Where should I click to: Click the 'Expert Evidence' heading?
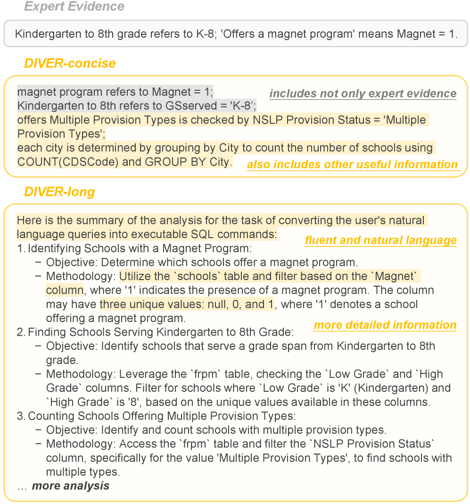(74, 7)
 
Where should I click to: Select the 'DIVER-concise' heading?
(70, 63)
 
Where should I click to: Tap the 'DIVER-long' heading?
(59, 192)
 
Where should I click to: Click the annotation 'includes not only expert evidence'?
(363, 93)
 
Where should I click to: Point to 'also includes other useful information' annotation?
(352, 165)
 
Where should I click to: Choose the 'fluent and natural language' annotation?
(380, 240)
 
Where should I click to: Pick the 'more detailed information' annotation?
(385, 325)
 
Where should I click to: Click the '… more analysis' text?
(63, 486)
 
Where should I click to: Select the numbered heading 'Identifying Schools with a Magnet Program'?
(140, 248)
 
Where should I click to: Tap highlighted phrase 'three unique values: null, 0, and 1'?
(187, 304)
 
